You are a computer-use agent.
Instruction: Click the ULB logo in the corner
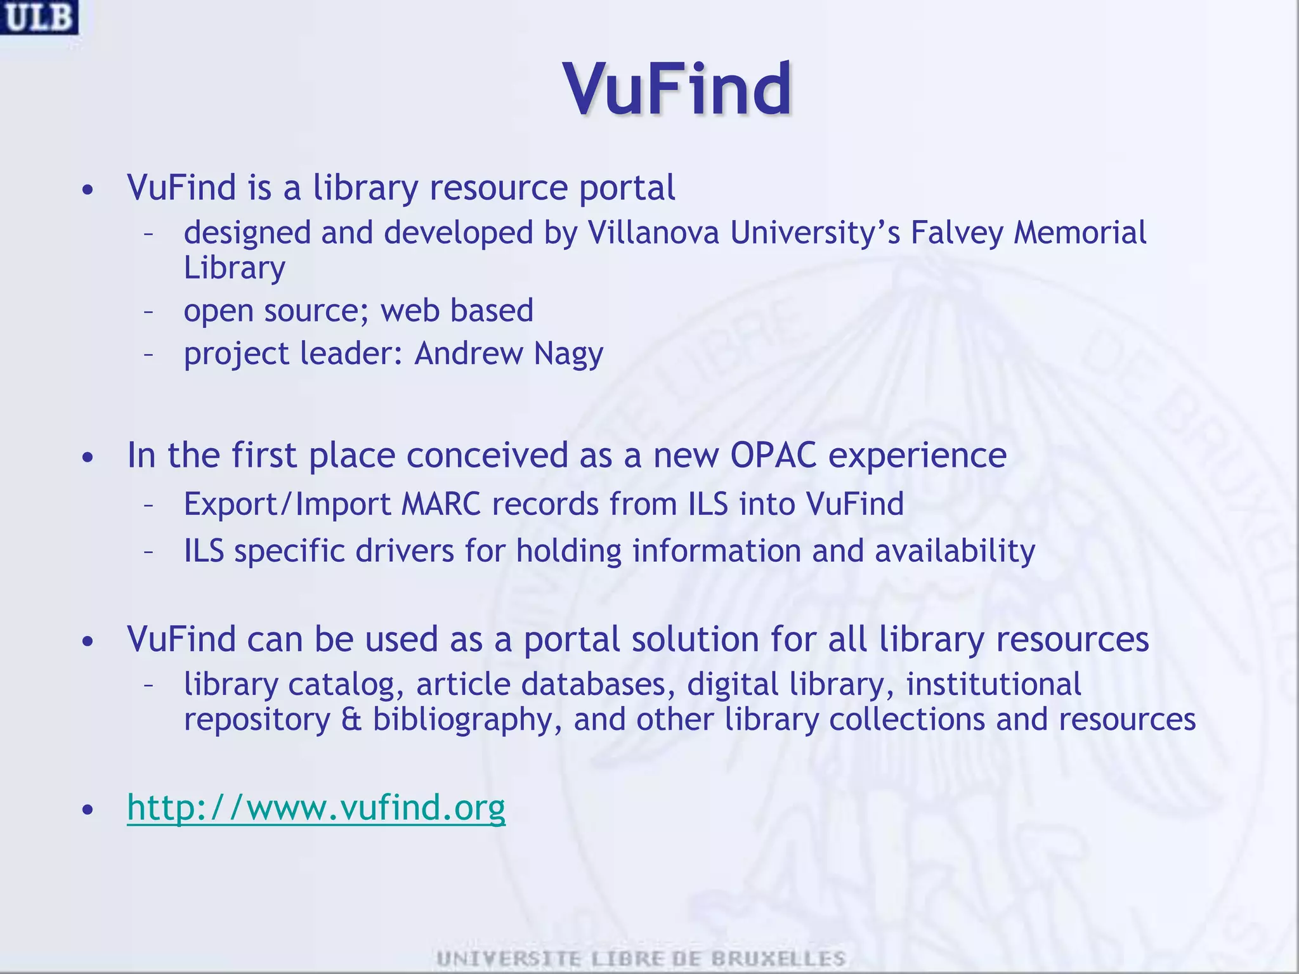click(x=39, y=17)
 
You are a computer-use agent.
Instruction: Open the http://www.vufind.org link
click(x=316, y=807)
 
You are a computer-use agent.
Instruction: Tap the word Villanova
click(x=653, y=232)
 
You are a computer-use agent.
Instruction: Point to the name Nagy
click(x=568, y=354)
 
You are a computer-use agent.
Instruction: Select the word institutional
click(x=993, y=684)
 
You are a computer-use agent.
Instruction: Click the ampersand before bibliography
click(x=351, y=719)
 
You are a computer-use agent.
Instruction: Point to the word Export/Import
click(x=287, y=505)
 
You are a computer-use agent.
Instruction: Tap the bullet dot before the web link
click(x=88, y=810)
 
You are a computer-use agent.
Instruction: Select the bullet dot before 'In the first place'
click(x=88, y=457)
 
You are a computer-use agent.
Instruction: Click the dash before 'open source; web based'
click(x=148, y=311)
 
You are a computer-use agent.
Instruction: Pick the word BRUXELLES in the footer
click(x=778, y=958)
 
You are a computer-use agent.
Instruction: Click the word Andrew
click(x=469, y=354)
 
